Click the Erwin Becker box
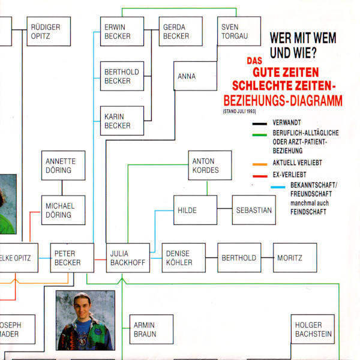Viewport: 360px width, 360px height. pyautogui.click(x=122, y=32)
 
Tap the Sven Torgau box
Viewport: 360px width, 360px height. pyautogui.click(x=239, y=32)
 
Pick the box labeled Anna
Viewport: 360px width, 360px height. pyautogui.click(x=195, y=77)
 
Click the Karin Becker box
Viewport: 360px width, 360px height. pyautogui.click(x=122, y=121)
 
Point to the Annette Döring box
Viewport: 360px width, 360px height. pyautogui.click(x=63, y=166)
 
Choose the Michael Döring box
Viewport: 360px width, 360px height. pyautogui.click(x=63, y=210)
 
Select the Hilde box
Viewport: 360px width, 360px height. pyautogui.click(x=195, y=210)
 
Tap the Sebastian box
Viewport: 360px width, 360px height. pyautogui.click(x=254, y=210)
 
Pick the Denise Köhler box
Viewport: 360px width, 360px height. pyautogui.click(x=184, y=258)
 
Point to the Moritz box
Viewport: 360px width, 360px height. pyautogui.click(x=295, y=258)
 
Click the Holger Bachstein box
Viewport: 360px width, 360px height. pyautogui.click(x=313, y=329)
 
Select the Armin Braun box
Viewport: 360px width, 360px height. pyautogui.click(x=151, y=329)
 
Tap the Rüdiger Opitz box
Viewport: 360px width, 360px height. pyautogui.click(x=48, y=32)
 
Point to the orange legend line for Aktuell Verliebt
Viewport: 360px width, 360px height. pyautogui.click(x=259, y=164)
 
